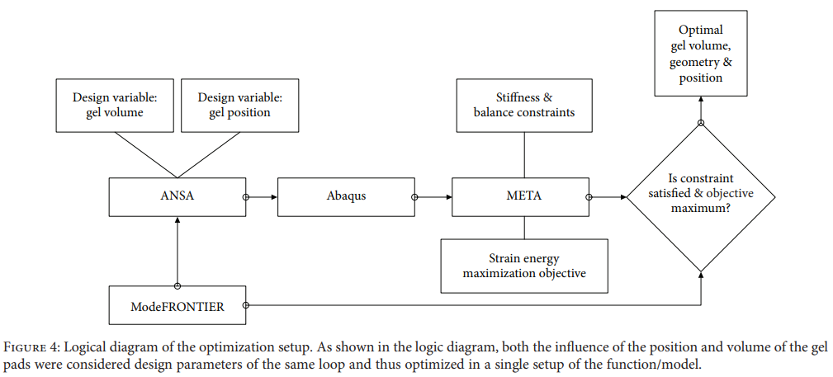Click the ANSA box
(177, 197)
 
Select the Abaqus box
(346, 197)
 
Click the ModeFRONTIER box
(177, 305)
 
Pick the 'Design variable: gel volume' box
(115, 105)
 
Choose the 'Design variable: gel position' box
(239, 105)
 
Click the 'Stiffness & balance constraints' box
(524, 105)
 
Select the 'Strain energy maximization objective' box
(524, 266)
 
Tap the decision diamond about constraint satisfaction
(701, 197)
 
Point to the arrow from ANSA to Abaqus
(262, 197)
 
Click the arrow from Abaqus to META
(433, 197)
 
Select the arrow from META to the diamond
(608, 197)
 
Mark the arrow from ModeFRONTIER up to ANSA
(177, 251)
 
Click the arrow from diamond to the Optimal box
(701, 110)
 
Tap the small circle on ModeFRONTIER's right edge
(246, 305)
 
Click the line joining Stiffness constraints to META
(524, 155)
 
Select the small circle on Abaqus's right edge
(415, 197)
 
